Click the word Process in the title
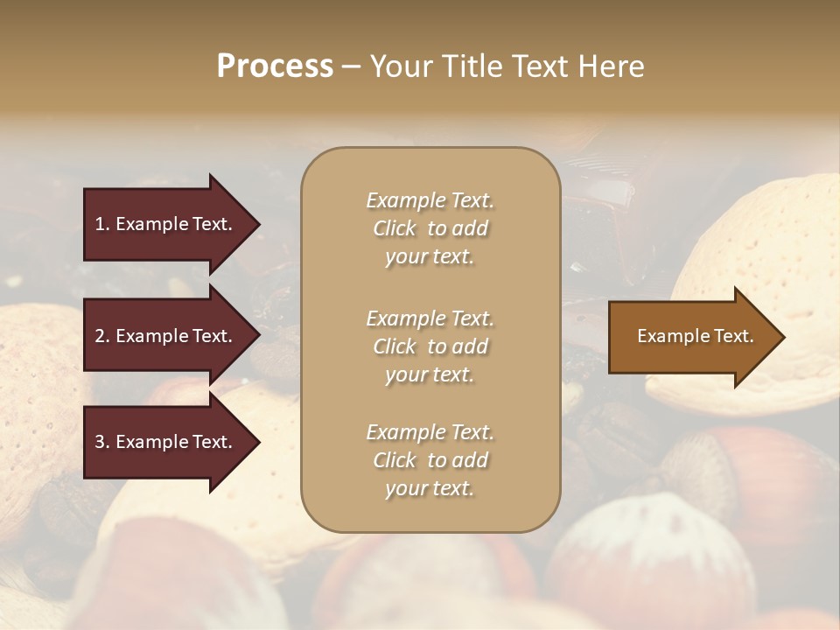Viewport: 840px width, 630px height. [275, 66]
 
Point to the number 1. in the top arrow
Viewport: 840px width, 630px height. [102, 224]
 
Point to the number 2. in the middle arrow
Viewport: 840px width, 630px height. [102, 336]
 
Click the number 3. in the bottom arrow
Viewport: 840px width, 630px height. [102, 442]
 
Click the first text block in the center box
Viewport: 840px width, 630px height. [430, 228]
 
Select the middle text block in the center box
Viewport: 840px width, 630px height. [430, 346]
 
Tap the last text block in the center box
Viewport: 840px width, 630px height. [430, 460]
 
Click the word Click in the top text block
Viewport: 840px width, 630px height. [395, 228]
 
